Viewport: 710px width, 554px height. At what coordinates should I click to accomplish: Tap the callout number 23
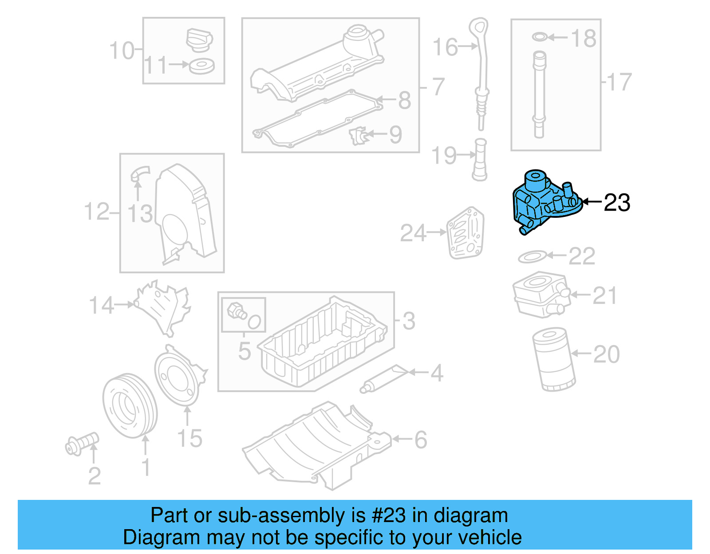[617, 203]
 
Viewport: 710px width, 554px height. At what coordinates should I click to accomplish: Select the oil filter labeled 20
[553, 359]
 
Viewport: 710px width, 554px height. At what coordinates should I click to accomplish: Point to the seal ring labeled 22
[532, 256]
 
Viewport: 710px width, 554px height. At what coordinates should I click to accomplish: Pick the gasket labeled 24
[465, 233]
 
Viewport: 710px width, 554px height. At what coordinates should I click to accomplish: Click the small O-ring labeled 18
[539, 37]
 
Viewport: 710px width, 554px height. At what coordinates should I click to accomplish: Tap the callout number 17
[619, 82]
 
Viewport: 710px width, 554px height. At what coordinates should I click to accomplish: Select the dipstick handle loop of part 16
[479, 27]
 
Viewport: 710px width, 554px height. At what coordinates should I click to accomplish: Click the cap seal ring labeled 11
[202, 66]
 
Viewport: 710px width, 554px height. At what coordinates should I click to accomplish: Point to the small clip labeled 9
[359, 135]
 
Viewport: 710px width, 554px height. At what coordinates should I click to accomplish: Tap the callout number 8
[404, 100]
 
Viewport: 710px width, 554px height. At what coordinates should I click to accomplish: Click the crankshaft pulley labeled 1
[130, 405]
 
